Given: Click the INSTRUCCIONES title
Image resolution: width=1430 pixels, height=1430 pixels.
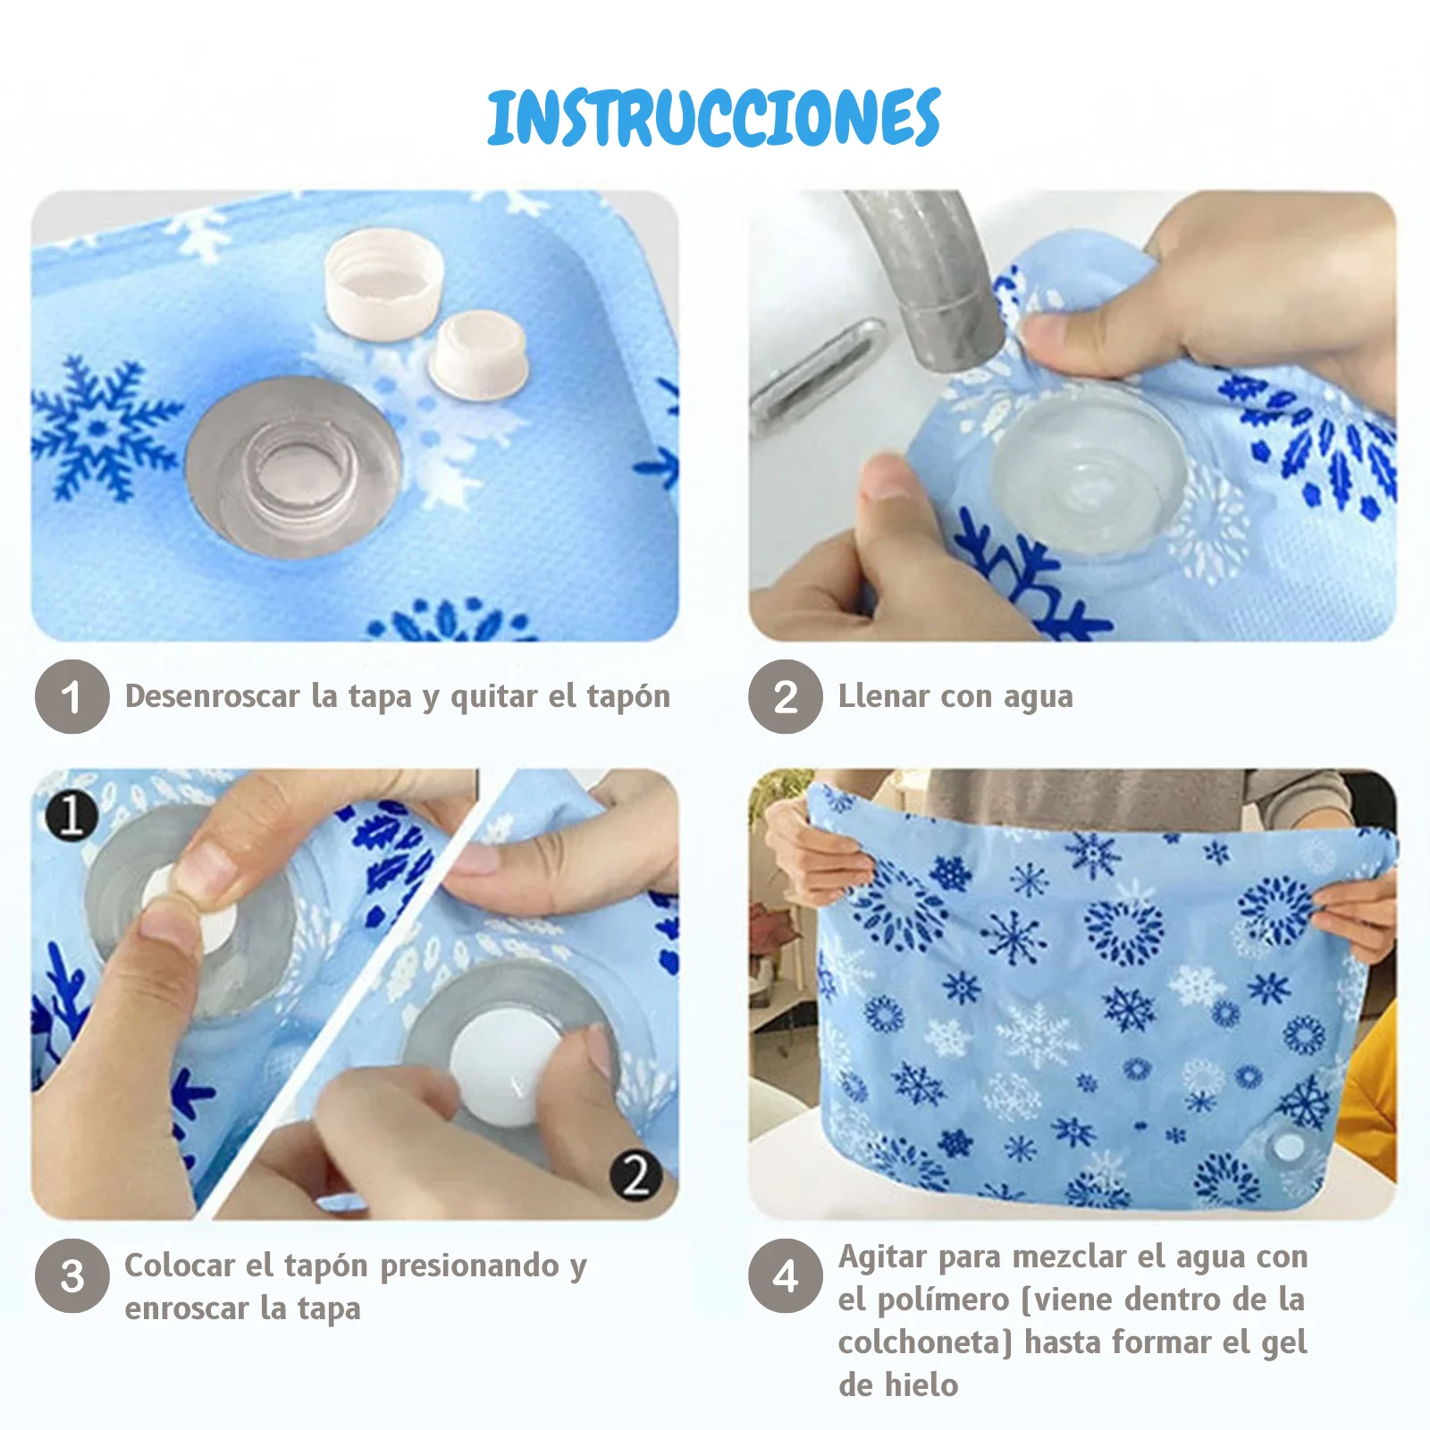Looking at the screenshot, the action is click(714, 117).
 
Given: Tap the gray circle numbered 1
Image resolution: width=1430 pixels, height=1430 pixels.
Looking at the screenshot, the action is click(72, 696).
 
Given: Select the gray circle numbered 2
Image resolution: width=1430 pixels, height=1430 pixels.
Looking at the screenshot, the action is click(786, 696).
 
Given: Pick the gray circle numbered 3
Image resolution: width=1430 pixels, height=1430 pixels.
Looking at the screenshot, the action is click(72, 1275).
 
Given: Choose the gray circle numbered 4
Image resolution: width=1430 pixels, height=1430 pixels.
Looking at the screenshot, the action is click(786, 1275).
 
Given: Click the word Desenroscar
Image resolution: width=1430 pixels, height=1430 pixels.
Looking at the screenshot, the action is click(212, 695).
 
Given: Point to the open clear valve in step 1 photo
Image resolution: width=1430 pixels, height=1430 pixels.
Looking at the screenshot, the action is click(293, 467).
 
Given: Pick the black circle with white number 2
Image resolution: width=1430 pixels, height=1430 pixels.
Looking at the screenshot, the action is click(636, 1173).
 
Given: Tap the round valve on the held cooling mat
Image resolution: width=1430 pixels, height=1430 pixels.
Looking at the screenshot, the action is click(1288, 1147).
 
